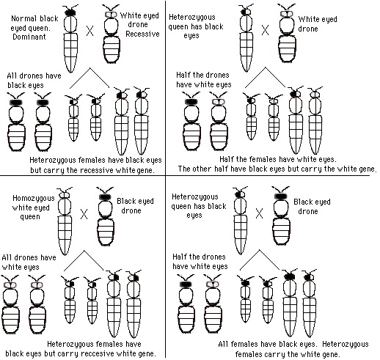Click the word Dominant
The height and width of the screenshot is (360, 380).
(29, 37)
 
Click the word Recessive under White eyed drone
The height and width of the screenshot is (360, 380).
(142, 34)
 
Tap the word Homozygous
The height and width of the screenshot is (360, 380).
(34, 199)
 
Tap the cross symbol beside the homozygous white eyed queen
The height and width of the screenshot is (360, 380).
(84, 214)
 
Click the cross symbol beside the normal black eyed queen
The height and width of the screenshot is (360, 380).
(89, 31)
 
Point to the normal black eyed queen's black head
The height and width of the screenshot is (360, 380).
(70, 13)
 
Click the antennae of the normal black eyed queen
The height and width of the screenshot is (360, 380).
(70, 7)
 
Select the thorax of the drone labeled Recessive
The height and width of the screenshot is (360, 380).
(112, 27)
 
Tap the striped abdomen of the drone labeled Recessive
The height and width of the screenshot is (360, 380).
(112, 50)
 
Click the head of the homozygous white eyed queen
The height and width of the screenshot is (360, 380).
(65, 195)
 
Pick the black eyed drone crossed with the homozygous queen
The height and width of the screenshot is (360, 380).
(106, 216)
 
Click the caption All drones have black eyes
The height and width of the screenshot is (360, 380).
(34, 81)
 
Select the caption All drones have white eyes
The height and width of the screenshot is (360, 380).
(29, 262)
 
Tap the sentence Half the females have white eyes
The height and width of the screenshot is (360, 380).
(278, 159)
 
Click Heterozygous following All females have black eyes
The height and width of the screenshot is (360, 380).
(346, 344)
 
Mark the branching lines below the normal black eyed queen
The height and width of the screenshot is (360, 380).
(89, 78)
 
